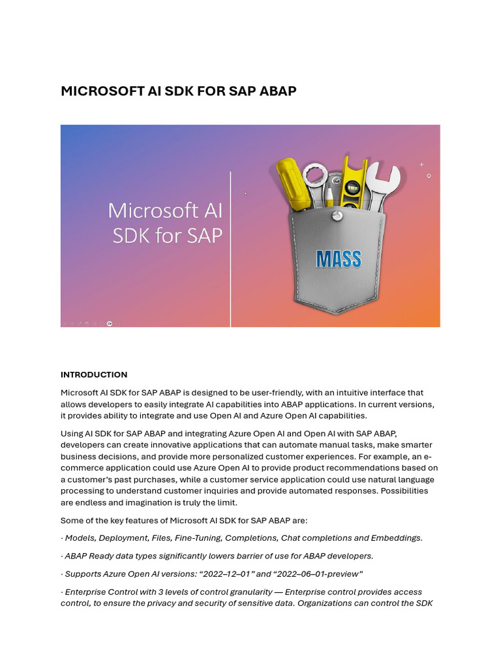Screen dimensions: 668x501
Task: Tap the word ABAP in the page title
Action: (278, 91)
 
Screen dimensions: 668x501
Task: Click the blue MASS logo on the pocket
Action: (339, 259)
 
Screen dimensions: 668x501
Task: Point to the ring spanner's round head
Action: (315, 174)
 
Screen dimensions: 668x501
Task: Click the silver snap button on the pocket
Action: (337, 216)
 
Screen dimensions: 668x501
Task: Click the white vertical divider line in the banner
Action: (231, 248)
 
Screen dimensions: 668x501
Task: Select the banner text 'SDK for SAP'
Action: (168, 235)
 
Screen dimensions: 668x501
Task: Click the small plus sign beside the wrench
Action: (421, 164)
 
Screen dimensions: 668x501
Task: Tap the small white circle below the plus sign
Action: (429, 175)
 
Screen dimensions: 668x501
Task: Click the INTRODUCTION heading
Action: (94, 374)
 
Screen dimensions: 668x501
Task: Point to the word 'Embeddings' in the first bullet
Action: (396, 538)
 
